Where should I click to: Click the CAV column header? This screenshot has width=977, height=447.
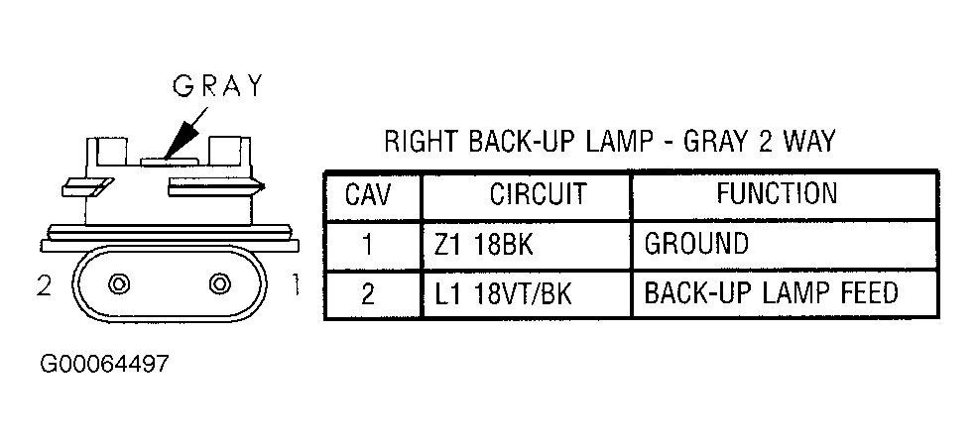(x=368, y=195)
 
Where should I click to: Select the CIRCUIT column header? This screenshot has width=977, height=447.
(x=538, y=195)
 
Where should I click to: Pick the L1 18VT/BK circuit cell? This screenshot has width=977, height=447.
(x=503, y=293)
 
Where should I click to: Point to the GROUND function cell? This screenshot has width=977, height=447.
(x=696, y=244)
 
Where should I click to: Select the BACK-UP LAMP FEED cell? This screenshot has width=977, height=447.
(x=771, y=292)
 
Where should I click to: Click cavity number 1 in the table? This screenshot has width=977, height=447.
(x=368, y=245)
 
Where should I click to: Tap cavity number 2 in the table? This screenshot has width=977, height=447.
(x=368, y=294)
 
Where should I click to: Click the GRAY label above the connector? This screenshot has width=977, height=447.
(x=218, y=86)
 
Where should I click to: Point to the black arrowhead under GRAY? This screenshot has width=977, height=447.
(x=181, y=138)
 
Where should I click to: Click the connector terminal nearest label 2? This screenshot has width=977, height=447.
(x=118, y=283)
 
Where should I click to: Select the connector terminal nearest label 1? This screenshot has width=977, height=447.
(x=220, y=283)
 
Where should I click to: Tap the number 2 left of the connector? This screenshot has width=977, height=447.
(x=45, y=285)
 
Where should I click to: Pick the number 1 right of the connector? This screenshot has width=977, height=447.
(x=295, y=285)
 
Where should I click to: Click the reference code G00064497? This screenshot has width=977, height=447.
(x=104, y=364)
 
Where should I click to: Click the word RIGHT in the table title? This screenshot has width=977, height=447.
(x=422, y=142)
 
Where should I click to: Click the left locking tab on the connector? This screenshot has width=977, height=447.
(x=88, y=186)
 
